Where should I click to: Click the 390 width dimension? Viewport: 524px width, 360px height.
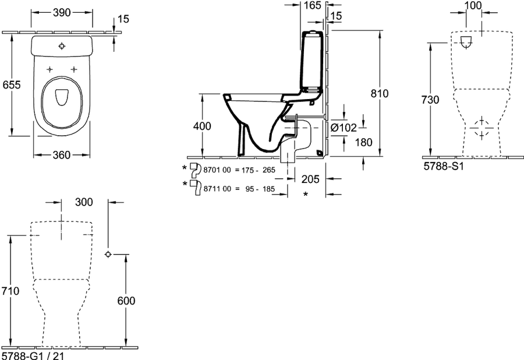[62, 12]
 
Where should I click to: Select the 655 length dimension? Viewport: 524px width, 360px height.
[12, 85]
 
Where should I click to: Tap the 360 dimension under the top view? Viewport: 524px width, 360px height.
[62, 155]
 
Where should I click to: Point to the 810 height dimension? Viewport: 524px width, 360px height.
[380, 94]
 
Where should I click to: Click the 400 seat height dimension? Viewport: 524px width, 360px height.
[202, 126]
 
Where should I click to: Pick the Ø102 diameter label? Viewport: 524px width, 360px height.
[344, 128]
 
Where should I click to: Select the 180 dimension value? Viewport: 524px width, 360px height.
[363, 142]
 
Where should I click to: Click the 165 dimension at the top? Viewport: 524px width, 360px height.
[313, 5]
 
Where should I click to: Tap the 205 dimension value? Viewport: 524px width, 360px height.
[310, 179]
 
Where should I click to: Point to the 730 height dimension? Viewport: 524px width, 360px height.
[430, 100]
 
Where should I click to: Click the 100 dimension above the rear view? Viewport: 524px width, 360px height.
[473, 5]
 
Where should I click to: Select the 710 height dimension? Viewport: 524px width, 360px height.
[10, 291]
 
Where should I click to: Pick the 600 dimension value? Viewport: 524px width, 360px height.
[126, 301]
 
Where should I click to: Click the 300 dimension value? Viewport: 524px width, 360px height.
[84, 202]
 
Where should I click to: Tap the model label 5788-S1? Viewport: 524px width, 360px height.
[444, 166]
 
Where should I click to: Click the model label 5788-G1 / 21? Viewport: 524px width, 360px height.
[33, 355]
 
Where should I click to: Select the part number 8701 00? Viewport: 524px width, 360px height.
[217, 170]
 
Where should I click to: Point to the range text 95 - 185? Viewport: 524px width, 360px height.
[260, 189]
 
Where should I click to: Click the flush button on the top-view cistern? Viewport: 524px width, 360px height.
[62, 46]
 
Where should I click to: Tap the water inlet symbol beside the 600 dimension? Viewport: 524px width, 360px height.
[108, 255]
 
